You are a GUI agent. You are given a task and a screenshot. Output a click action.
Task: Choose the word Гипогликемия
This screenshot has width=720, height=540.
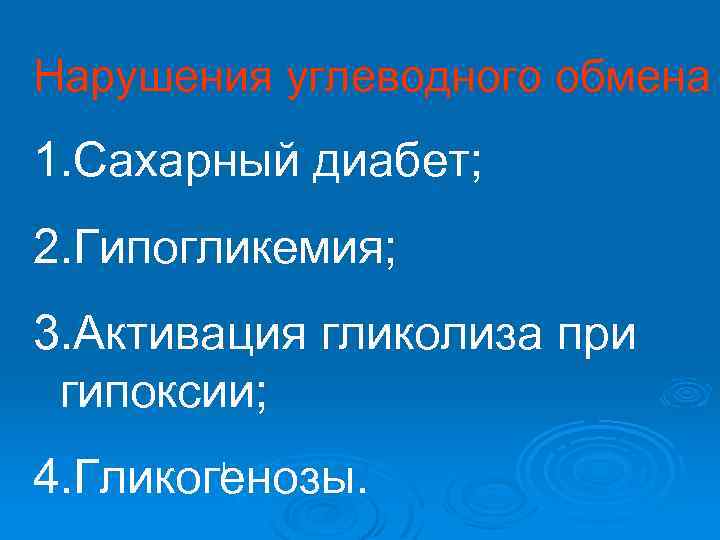pyautogui.click(x=225, y=245)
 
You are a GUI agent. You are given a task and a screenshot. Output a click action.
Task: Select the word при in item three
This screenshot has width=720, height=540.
pyautogui.click(x=598, y=331)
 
